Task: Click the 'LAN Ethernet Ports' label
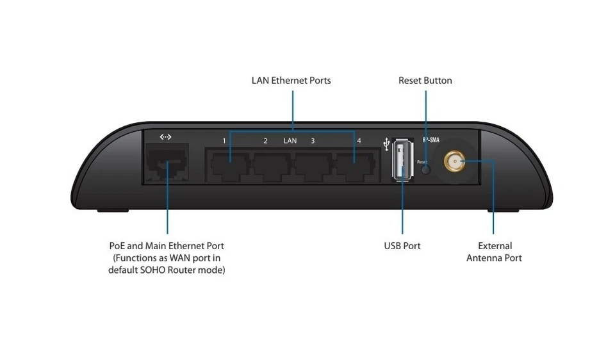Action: [291, 81]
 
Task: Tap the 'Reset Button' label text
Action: [425, 81]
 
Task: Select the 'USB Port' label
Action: [402, 245]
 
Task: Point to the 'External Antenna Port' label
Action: [494, 252]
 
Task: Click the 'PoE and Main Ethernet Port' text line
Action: [167, 245]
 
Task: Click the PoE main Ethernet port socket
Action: [166, 166]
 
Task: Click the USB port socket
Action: [402, 160]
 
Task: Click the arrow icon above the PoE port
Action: [165, 137]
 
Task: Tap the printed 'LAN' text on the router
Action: [290, 140]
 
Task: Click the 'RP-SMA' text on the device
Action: [430, 138]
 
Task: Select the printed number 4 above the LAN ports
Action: [359, 140]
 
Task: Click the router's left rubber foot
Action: [112, 210]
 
